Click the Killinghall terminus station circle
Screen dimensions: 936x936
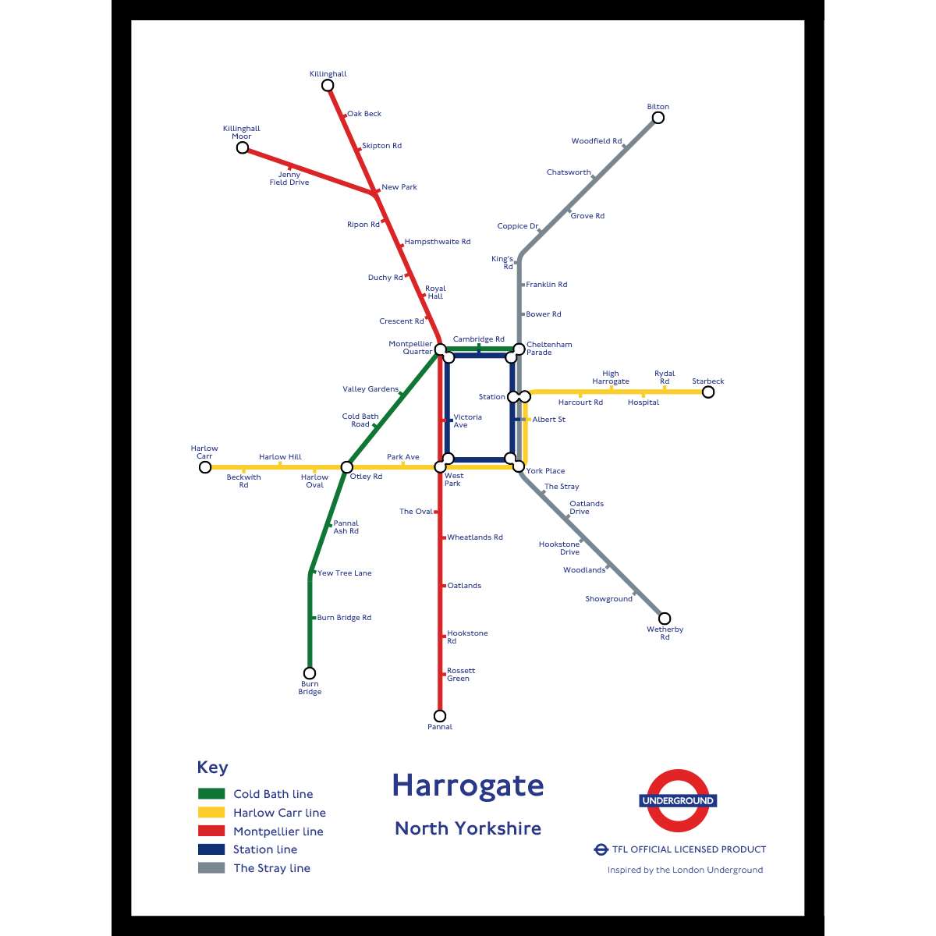[328, 85]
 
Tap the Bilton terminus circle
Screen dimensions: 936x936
[658, 118]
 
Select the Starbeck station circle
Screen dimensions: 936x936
[707, 392]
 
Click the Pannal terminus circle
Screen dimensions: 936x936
[440, 716]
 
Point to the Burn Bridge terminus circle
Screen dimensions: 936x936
[310, 673]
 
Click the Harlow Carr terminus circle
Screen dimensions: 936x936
[205, 467]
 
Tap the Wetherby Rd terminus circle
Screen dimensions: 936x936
[665, 619]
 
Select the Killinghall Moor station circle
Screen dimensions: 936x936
[243, 147]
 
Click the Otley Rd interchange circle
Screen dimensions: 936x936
[347, 467]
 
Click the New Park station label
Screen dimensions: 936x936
[399, 187]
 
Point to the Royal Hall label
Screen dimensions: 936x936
[435, 292]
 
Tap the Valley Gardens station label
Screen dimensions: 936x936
[370, 389]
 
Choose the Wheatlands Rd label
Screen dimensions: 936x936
[475, 537]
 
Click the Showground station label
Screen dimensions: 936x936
[608, 599]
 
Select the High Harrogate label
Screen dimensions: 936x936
[611, 378]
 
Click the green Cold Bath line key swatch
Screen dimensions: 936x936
[211, 794]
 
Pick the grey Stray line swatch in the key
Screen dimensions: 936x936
[211, 868]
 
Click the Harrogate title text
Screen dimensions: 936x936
[467, 786]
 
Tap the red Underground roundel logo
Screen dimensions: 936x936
[678, 801]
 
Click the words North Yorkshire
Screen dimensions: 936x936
[467, 828]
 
